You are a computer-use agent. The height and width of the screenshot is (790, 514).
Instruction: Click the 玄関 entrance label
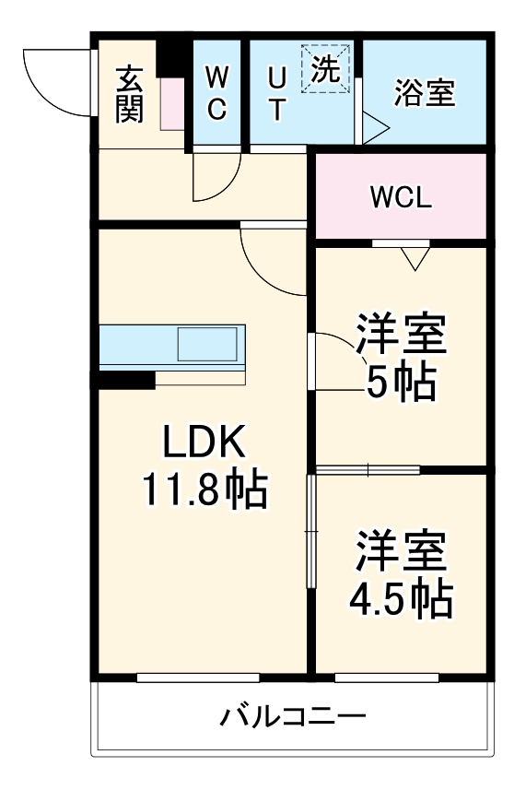click(x=129, y=94)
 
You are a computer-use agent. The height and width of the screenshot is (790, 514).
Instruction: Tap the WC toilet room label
click(x=216, y=92)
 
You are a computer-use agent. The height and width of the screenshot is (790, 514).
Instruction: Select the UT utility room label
click(x=276, y=92)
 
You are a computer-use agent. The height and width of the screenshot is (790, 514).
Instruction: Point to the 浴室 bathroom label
click(x=424, y=93)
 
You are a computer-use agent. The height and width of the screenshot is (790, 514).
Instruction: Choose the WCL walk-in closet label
click(x=401, y=197)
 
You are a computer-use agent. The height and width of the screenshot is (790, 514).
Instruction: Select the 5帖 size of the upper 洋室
click(x=401, y=382)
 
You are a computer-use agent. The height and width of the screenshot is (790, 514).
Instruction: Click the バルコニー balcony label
click(x=293, y=715)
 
